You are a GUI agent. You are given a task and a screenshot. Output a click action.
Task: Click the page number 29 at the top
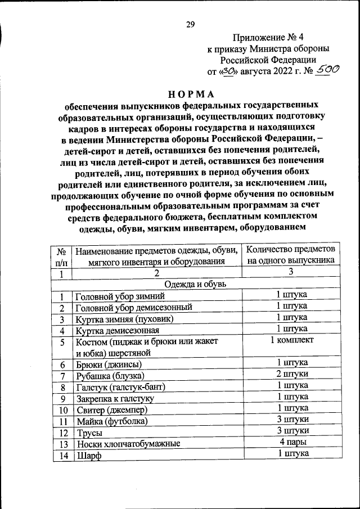point(190,24)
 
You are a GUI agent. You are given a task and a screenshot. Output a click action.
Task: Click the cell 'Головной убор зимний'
point(120,296)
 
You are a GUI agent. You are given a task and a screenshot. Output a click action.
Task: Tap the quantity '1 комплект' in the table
point(291,340)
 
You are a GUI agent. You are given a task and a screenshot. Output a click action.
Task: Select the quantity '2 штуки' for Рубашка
point(291,375)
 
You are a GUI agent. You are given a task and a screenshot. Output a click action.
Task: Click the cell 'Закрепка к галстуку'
point(115,398)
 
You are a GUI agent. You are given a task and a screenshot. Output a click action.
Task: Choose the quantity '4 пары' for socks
point(291,443)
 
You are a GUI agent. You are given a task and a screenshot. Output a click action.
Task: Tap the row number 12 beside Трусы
point(63,433)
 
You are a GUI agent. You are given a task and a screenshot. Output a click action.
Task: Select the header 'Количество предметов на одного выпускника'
point(291,254)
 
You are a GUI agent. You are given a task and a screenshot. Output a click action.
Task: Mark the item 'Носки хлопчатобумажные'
point(128,444)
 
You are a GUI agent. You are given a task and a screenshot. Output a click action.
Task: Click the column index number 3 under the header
point(291,272)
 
